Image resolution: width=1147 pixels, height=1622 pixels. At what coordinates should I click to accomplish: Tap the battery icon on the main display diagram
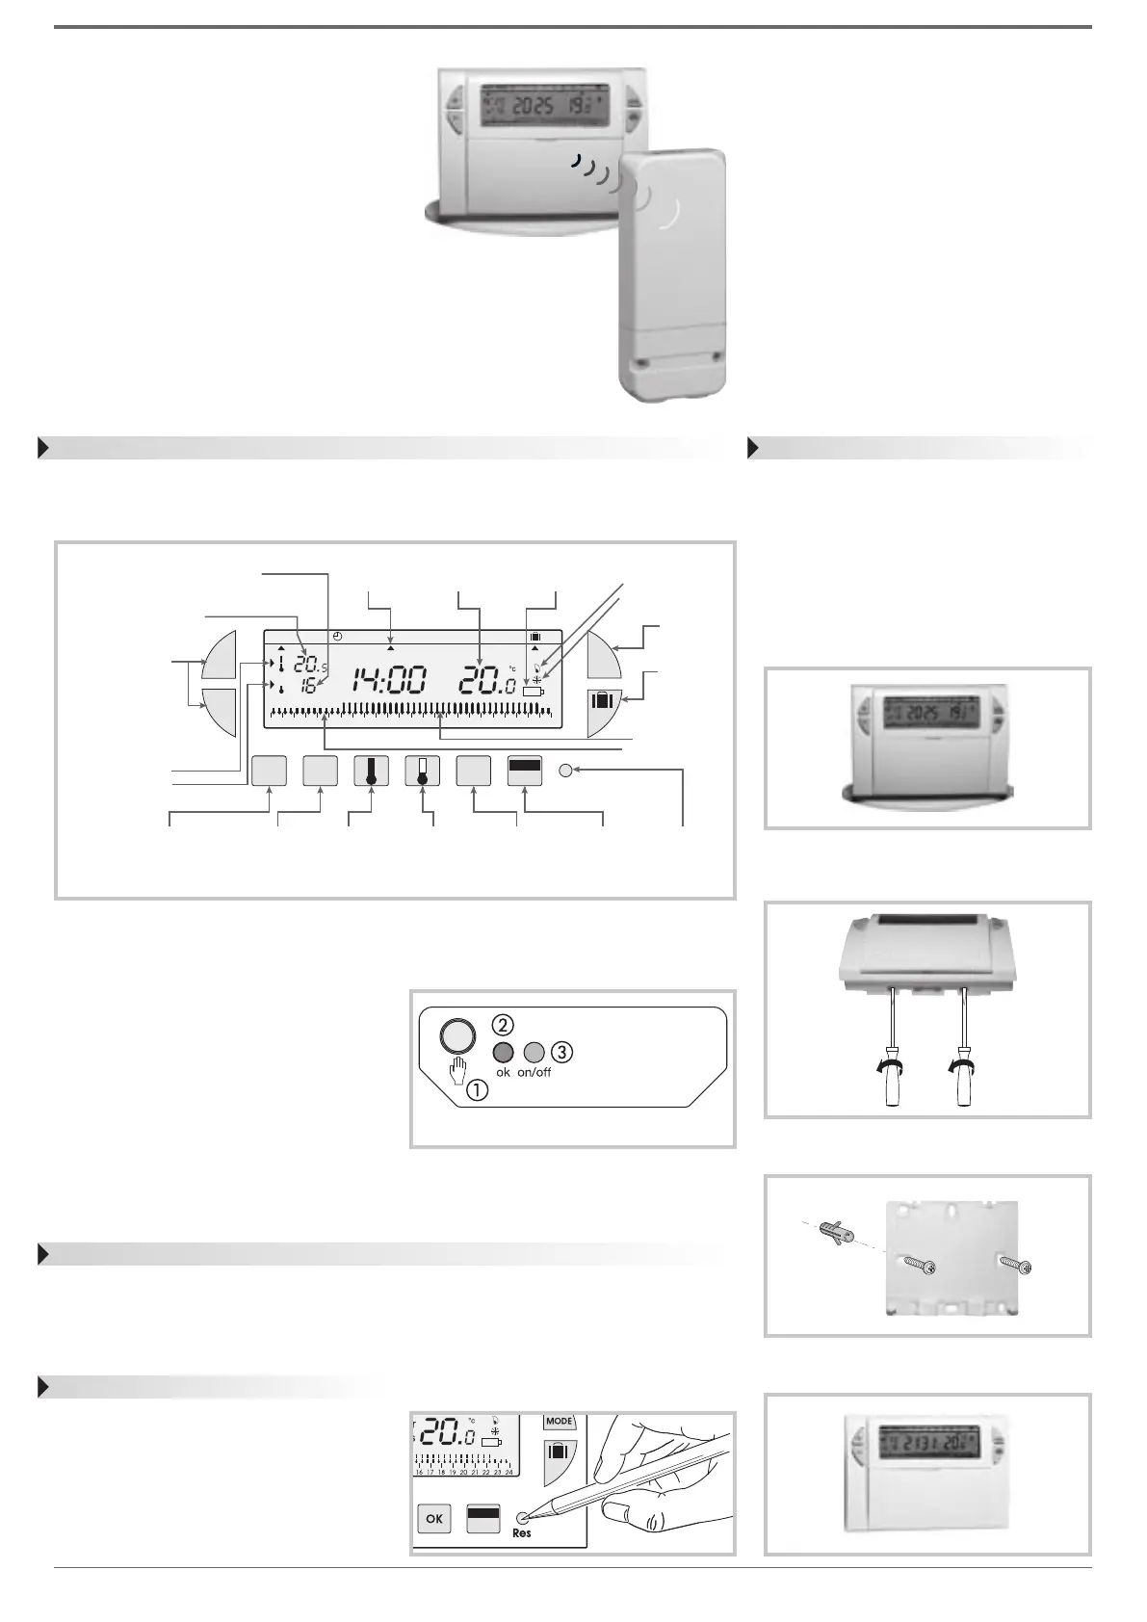(x=533, y=692)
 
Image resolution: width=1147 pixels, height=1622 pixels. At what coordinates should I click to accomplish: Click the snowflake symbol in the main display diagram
(x=537, y=679)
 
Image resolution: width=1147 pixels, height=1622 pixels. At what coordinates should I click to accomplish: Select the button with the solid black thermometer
(x=371, y=771)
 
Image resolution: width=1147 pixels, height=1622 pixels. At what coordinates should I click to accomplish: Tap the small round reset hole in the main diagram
(x=565, y=771)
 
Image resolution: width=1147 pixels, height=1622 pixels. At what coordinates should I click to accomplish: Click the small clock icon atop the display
(x=337, y=637)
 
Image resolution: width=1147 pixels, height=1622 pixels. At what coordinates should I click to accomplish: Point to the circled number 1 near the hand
(x=477, y=1090)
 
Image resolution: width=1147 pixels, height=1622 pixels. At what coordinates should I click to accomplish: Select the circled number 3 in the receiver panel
(x=561, y=1052)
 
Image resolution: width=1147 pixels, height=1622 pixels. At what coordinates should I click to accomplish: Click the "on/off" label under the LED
(x=534, y=1072)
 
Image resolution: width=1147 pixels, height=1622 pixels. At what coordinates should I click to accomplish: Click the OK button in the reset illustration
(x=434, y=1518)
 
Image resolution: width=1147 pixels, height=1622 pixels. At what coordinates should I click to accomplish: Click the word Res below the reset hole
(x=521, y=1532)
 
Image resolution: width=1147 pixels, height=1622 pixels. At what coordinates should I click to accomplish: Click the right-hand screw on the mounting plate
(x=1016, y=1264)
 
